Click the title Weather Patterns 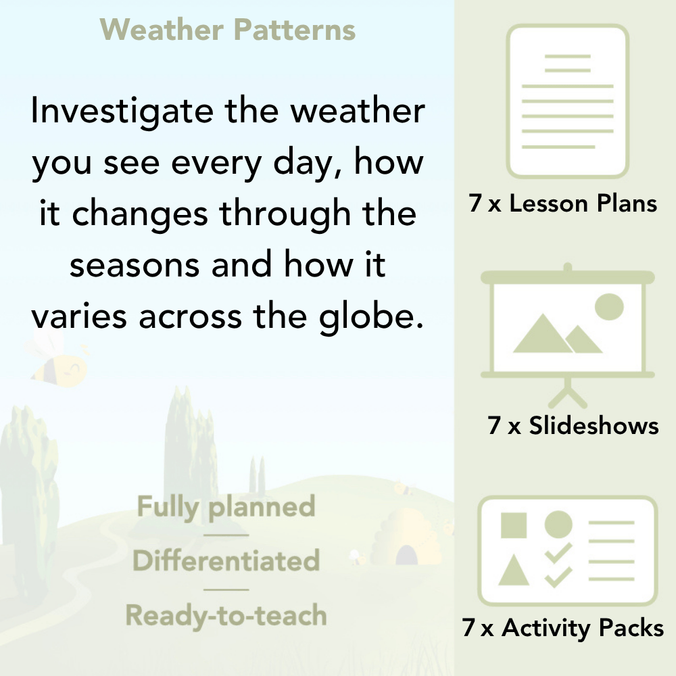pos(228,30)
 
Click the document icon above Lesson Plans pos(568,101)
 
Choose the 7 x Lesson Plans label pos(563,204)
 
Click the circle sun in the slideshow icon pos(608,306)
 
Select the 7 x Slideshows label pos(573,426)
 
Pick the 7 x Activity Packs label pos(563,629)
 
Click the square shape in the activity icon pos(514,525)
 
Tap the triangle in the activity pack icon pos(514,571)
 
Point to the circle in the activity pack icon pos(558,525)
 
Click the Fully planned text pos(226,507)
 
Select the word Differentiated pos(226,561)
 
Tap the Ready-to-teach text pos(226,616)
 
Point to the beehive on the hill pos(404,537)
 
